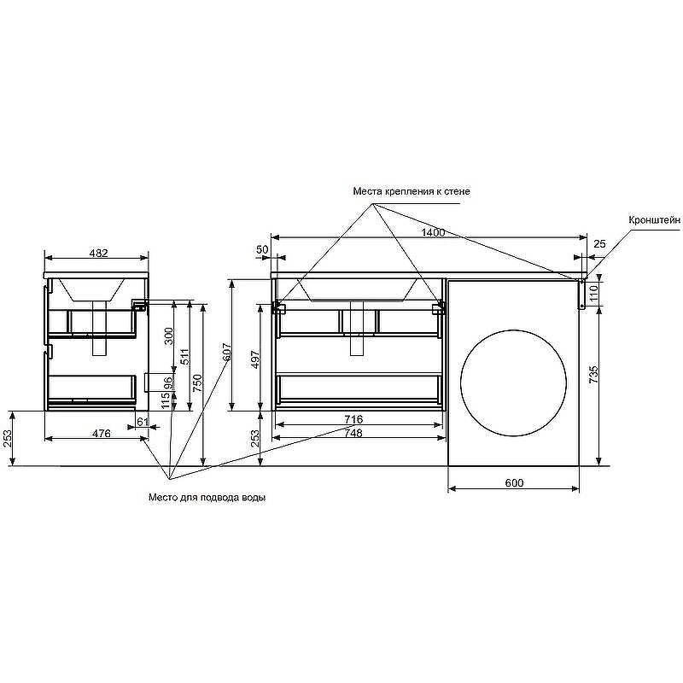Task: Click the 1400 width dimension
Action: point(433,232)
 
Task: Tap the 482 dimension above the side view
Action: point(98,253)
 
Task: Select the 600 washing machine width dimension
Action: point(515,482)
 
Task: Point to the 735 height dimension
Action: point(593,375)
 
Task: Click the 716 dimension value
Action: point(353,419)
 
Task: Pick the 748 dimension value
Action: point(353,433)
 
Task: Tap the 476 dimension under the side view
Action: point(102,434)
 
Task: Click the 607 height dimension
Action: point(227,353)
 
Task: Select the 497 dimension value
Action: point(255,359)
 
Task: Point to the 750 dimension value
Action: point(197,382)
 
